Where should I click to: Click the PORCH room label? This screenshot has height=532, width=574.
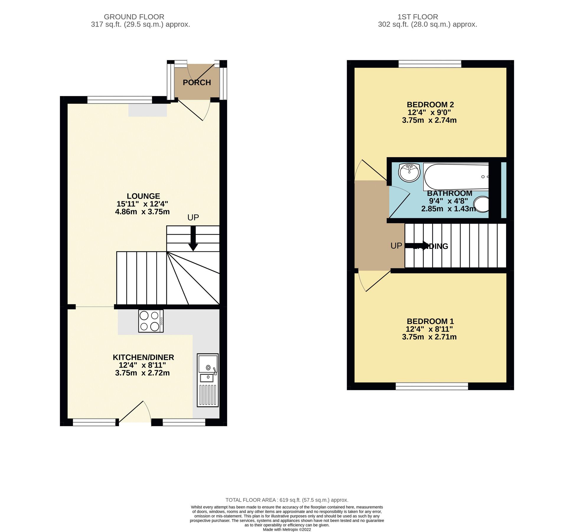click(197, 82)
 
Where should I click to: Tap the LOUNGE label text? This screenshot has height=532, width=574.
click(143, 196)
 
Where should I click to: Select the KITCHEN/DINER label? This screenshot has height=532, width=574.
click(143, 357)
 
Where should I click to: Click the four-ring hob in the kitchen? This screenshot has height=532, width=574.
click(151, 321)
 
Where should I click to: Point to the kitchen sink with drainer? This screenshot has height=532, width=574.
click(208, 380)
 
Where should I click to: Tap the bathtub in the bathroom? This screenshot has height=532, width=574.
click(456, 177)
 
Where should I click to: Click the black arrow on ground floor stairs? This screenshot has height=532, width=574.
click(193, 238)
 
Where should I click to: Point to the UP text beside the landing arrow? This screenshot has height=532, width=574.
click(396, 246)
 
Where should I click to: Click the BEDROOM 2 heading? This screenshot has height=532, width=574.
click(430, 105)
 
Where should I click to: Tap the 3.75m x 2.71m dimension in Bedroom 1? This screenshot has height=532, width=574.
click(429, 337)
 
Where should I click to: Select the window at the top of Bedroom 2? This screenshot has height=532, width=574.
click(430, 64)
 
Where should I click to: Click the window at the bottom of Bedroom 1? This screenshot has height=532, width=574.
click(432, 386)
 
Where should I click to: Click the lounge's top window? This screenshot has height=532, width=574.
click(120, 100)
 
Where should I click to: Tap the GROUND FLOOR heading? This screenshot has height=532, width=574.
click(134, 17)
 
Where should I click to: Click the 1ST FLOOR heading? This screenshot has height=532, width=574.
click(418, 17)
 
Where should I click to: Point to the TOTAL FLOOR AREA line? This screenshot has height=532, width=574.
click(287, 500)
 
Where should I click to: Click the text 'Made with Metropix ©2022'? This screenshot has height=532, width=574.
click(287, 529)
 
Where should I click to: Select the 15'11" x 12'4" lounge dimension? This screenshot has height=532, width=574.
click(142, 204)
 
